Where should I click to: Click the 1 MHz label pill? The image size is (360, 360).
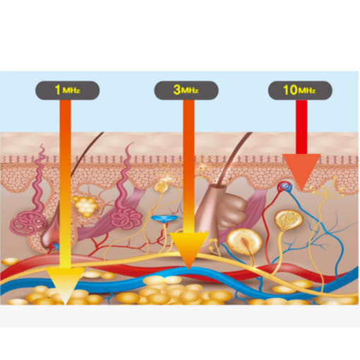coord(68,90)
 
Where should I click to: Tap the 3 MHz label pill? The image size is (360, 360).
coord(186,90)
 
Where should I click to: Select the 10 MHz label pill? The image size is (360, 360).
coord(300,90)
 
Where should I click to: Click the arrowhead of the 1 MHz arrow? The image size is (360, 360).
coord(65,285)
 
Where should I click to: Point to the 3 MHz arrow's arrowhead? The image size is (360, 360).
coord(189,249)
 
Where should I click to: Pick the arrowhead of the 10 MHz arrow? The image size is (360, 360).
coord(301,172)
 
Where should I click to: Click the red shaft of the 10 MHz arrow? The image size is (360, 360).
coord(301,127)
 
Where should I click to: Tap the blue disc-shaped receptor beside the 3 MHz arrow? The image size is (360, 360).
coord(164,219)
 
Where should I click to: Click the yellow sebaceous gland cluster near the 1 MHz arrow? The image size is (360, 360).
coord(85,206)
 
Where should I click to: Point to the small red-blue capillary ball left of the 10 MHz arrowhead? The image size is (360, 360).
coord(284,187)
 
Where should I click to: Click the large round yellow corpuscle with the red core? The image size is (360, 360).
coord(244,242)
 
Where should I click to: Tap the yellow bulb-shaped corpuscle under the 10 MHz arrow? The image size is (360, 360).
coord(289,220)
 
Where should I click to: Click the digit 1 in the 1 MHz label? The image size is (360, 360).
coord(58,90)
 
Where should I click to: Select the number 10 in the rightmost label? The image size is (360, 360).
coord(290,90)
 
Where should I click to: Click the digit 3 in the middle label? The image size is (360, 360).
coord(177,90)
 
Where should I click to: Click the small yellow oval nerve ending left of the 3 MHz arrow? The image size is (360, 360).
coord(161,186)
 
